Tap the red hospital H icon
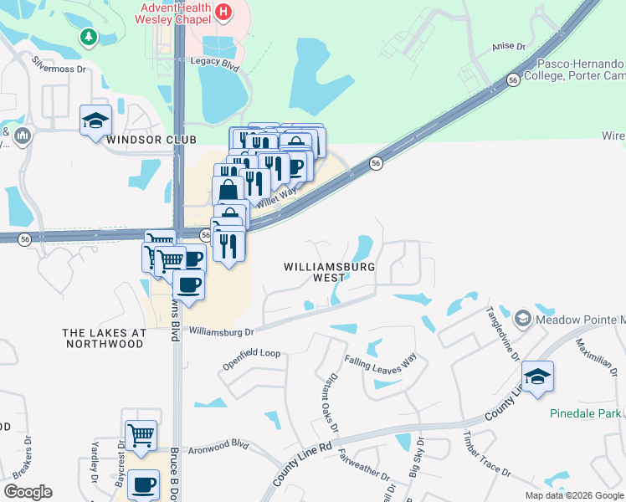pyautogui.click(x=223, y=13)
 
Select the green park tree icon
pyautogui.click(x=88, y=37)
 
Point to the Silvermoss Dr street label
pyautogui.click(x=59, y=64)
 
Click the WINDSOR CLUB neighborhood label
pyautogui.click(x=151, y=140)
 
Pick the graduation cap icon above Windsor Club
pyautogui.click(x=95, y=119)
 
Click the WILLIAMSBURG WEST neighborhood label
pyautogui.click(x=326, y=272)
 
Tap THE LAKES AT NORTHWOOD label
pyautogui.click(x=104, y=338)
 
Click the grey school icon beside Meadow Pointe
pyautogui.click(x=523, y=317)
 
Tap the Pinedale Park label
pyautogui.click(x=586, y=413)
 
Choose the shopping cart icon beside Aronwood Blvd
pyautogui.click(x=141, y=434)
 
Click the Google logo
pyautogui.click(x=28, y=492)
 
